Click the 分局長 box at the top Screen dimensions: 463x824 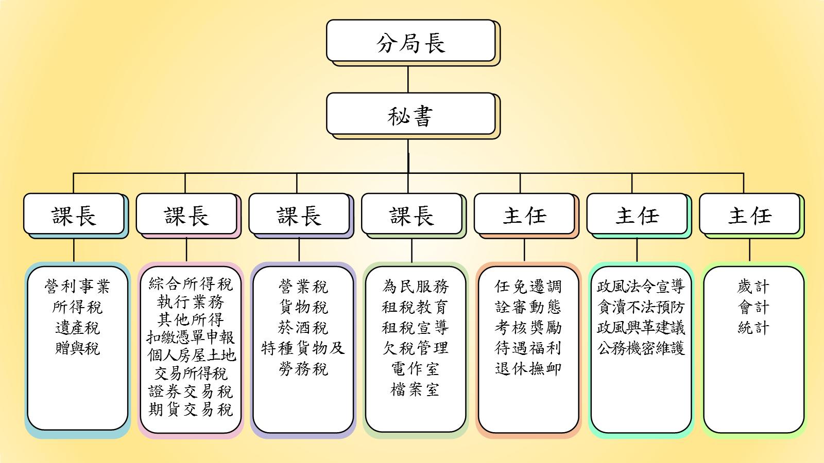(410, 41)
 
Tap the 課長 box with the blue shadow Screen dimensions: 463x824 (74, 213)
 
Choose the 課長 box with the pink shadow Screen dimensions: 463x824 (186, 213)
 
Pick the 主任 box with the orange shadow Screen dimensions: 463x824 (524, 213)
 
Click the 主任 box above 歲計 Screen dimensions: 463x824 (749, 213)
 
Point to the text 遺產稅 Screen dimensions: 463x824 (77, 328)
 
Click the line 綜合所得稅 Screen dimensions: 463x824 (191, 284)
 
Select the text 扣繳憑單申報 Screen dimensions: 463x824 (191, 337)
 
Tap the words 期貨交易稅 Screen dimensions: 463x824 (191, 409)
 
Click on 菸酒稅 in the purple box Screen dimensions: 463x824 (303, 328)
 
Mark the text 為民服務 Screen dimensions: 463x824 (415, 286)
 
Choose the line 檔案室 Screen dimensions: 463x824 (415, 389)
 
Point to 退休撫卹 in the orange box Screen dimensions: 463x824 (528, 368)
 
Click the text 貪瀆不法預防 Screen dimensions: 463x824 (641, 307)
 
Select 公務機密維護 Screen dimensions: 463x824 (641, 348)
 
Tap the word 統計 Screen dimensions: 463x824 (753, 328)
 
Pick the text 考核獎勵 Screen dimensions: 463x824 (528, 328)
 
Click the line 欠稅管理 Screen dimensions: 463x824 (415, 348)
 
